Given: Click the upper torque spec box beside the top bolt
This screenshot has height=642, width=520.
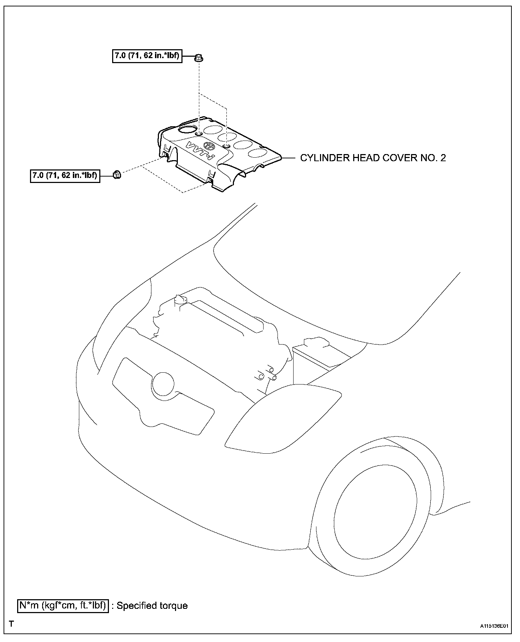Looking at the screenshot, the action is [147, 56].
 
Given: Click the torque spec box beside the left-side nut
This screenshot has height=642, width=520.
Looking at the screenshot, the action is [65, 175].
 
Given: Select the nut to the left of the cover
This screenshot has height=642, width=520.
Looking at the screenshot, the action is [116, 175].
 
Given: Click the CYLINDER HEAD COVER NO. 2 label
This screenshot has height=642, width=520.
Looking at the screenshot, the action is [372, 158].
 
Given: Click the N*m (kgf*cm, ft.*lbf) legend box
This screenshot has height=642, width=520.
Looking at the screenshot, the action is [63, 605].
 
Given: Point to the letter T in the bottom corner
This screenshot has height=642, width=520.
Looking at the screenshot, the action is [12, 624].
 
